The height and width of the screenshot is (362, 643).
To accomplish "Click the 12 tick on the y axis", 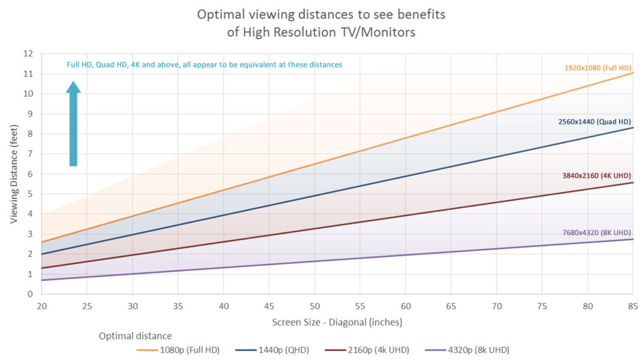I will (x=28, y=54).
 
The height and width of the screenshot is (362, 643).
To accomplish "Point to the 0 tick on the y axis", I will (x=30, y=294).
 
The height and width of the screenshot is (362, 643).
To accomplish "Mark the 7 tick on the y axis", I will (x=30, y=154).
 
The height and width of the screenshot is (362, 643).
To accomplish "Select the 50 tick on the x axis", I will (x=314, y=306).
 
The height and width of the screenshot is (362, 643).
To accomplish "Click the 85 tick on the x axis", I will (x=632, y=306).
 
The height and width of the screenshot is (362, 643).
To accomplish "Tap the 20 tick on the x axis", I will (x=41, y=306).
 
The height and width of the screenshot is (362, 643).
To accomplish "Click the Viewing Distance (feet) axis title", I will (x=14, y=174).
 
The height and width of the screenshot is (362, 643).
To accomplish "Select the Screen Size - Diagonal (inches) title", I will (x=337, y=322).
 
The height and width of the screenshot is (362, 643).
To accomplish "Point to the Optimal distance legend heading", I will (x=135, y=336).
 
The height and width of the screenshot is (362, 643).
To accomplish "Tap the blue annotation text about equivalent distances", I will (x=205, y=65).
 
